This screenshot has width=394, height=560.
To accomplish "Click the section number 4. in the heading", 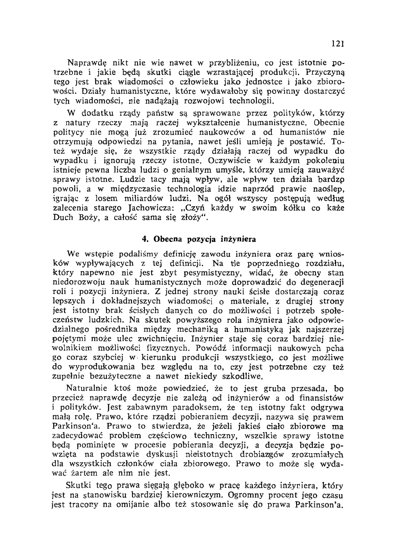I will [145, 239].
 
